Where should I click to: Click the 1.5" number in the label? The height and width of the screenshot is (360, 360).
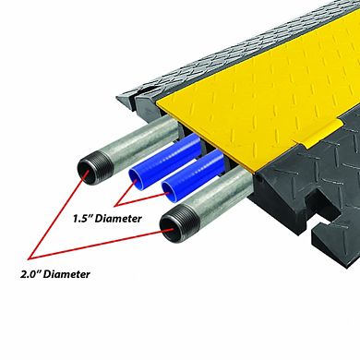click(x=82, y=219)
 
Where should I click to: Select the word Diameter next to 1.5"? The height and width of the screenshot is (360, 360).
click(x=118, y=219)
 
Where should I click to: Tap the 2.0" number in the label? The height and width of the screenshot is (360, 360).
click(x=30, y=274)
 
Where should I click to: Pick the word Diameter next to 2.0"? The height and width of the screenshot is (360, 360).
click(x=66, y=274)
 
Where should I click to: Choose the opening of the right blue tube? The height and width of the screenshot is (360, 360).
click(x=169, y=192)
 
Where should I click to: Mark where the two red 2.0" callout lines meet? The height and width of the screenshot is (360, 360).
click(x=30, y=258)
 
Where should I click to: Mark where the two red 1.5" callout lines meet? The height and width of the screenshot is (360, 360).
click(x=115, y=205)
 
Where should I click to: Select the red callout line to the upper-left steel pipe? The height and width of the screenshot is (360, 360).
click(x=58, y=213)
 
